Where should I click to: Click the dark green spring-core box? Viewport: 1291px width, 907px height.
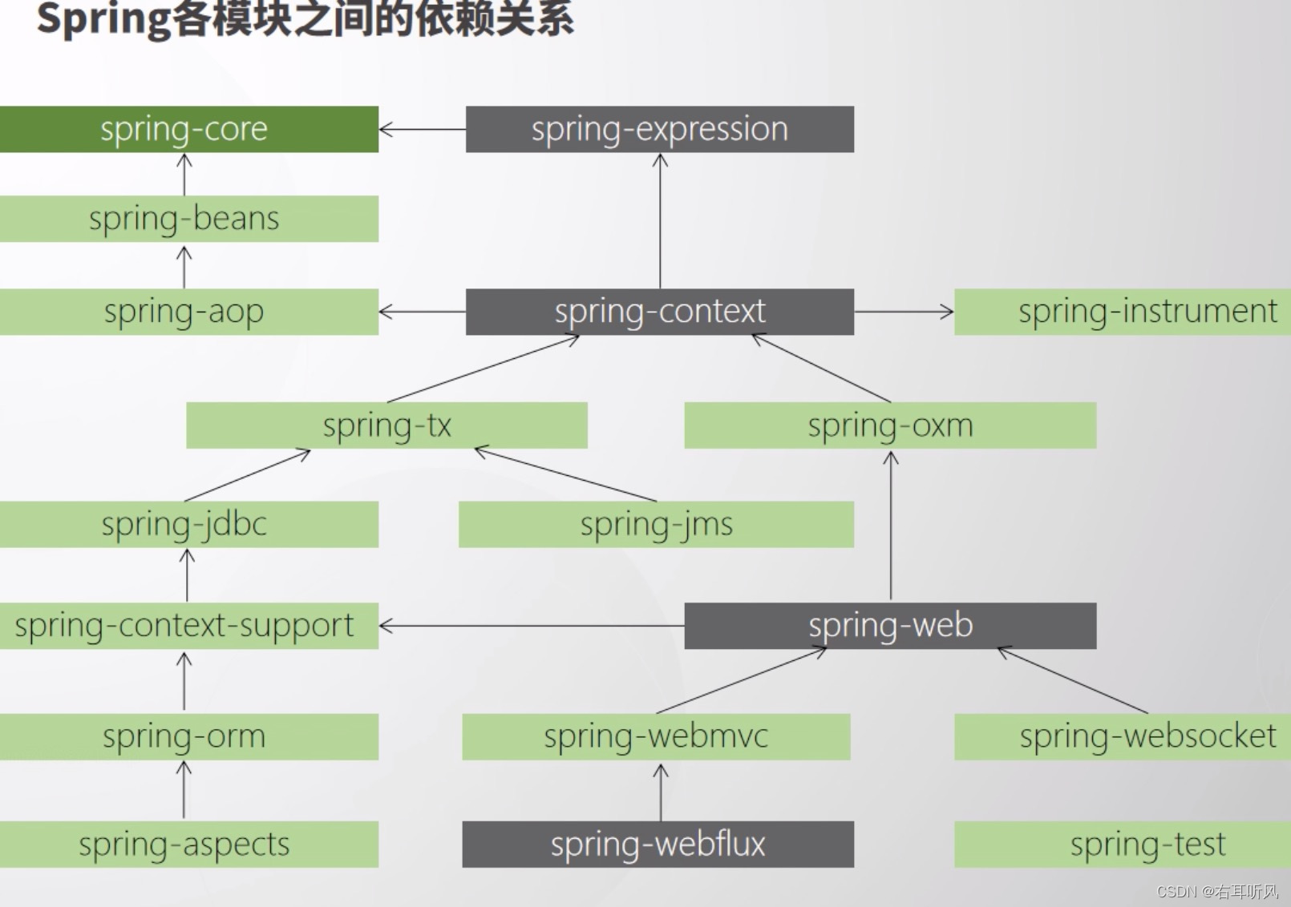pyautogui.click(x=188, y=129)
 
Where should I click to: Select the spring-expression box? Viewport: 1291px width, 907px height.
pyautogui.click(x=659, y=129)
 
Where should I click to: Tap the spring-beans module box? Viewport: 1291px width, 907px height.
pyautogui.click(x=188, y=219)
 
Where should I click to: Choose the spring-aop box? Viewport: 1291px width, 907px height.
pyautogui.click(x=188, y=312)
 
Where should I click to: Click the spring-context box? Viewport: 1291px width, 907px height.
pyautogui.click(x=659, y=312)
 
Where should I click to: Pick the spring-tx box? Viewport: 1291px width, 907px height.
pyautogui.click(x=386, y=425)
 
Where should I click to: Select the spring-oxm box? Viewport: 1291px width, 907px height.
pyautogui.click(x=890, y=425)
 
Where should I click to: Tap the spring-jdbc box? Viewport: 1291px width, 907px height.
pyautogui.click(x=188, y=525)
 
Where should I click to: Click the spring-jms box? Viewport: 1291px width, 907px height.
pyautogui.click(x=656, y=525)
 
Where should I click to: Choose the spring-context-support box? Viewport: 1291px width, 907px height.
pyautogui.click(x=188, y=626)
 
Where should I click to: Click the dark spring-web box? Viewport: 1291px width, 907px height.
pyautogui.click(x=890, y=626)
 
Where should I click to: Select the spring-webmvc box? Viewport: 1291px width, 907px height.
pyautogui.click(x=656, y=737)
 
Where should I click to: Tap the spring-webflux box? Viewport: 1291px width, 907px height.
pyautogui.click(x=658, y=845)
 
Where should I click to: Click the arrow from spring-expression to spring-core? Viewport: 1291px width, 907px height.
pyautogui.click(x=423, y=129)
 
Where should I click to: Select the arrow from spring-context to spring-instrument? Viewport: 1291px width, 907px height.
pyautogui.click(x=904, y=312)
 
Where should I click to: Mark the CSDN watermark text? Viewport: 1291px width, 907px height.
pyautogui.click(x=1217, y=891)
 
